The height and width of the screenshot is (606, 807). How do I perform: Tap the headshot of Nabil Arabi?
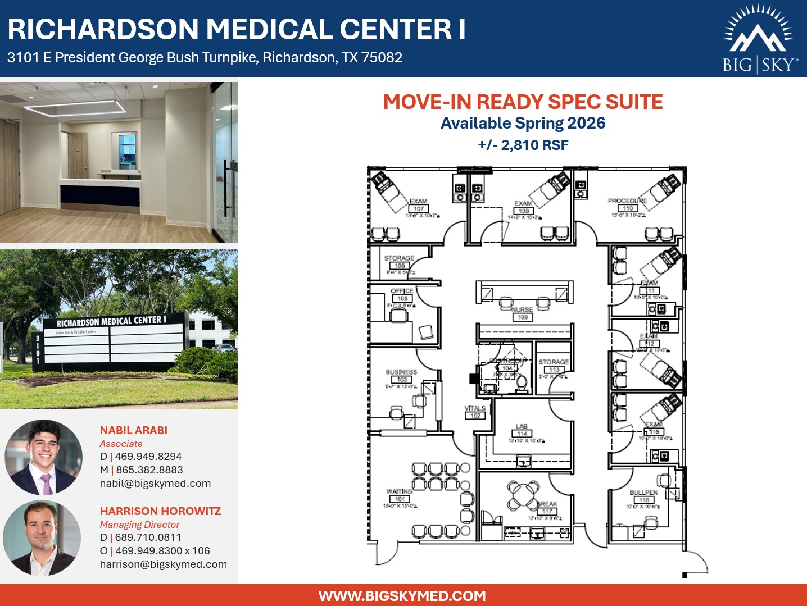(44, 457)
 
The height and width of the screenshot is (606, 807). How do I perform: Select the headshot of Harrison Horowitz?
(42, 538)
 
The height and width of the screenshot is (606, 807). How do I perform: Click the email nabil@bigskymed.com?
(155, 484)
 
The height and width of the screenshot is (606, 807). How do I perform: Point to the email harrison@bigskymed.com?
(163, 564)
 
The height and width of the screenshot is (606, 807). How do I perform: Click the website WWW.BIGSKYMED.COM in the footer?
(402, 596)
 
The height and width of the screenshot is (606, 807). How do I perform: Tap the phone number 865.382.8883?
(149, 470)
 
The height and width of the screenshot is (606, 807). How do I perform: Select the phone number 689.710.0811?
(148, 537)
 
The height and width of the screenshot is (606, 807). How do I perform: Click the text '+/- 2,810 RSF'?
(523, 145)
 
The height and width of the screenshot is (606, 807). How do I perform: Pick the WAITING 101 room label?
(400, 495)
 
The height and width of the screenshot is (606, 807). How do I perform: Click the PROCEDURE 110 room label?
(627, 204)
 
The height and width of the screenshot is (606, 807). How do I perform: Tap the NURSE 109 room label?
(522, 313)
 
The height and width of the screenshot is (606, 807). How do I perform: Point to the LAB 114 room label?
(522, 430)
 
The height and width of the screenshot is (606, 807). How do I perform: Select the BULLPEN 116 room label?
(643, 496)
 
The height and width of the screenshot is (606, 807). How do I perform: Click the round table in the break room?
(523, 494)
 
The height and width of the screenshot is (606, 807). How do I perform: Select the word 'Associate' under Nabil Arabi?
(121, 444)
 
